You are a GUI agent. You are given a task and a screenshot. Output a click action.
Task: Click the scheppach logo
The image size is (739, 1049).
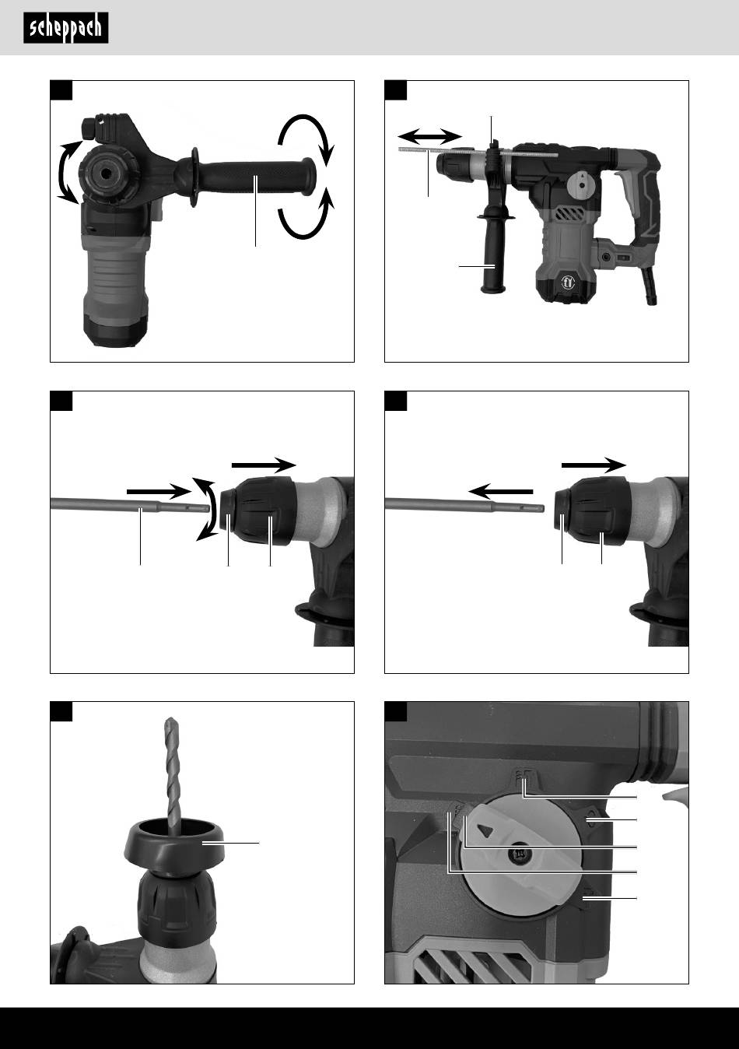coord(66,28)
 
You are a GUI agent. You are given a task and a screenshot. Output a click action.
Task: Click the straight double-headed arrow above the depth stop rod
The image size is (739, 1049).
coord(429,137)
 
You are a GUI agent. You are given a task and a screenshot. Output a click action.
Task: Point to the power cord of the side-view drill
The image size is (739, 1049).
coord(649,286)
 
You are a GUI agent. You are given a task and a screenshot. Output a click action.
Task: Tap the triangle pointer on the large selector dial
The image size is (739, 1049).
coord(485,830)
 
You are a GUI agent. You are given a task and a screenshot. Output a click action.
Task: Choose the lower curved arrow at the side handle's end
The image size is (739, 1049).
coord(307,215)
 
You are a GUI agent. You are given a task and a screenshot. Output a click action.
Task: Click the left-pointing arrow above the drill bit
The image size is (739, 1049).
coord(500,492)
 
